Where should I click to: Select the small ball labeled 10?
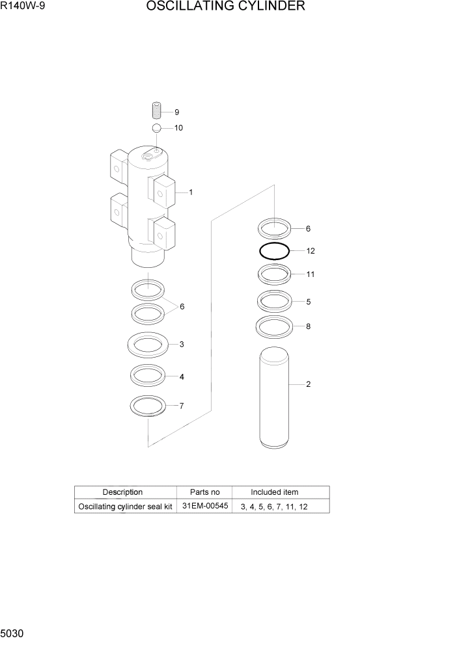[157, 127]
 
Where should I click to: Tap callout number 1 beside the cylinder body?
[190, 192]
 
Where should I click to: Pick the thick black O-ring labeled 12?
[274, 251]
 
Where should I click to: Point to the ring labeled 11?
[274, 275]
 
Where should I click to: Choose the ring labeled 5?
[274, 301]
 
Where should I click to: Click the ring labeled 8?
[274, 326]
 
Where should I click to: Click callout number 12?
[311, 250]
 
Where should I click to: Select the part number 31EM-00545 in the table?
[204, 506]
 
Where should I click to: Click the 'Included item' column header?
[274, 492]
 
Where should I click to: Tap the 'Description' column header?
[122, 492]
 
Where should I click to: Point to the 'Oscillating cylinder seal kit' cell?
[125, 507]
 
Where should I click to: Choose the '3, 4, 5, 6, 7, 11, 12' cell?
[273, 507]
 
